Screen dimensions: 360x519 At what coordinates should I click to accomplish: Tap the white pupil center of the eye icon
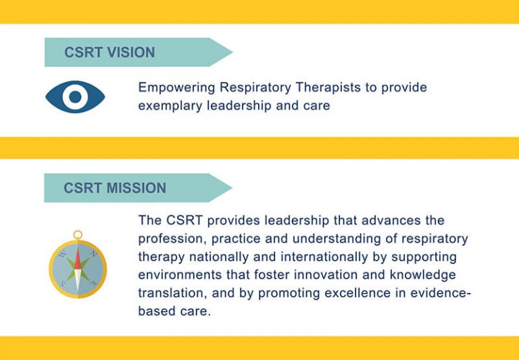coord(75,97)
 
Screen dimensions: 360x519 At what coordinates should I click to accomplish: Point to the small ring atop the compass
coord(78,235)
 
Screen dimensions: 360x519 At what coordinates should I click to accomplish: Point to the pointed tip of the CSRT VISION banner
coord(231,52)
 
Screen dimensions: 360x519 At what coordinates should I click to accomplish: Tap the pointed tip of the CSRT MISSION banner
coord(231,188)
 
